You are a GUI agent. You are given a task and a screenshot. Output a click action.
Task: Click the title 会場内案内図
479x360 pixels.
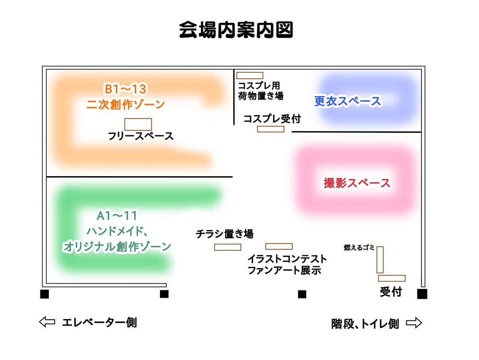(x=236, y=30)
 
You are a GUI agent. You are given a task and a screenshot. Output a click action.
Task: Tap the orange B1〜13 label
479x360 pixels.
(x=125, y=88)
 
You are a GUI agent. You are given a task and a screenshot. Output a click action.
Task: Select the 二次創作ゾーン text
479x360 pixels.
(x=125, y=105)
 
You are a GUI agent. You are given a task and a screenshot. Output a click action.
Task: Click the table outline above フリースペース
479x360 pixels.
(x=138, y=124)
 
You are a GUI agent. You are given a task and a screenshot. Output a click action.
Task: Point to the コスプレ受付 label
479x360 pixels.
(x=272, y=118)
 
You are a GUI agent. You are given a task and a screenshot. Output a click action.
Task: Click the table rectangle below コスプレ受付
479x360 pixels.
(x=271, y=129)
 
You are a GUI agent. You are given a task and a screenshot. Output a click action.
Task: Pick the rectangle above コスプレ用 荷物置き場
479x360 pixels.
(x=249, y=75)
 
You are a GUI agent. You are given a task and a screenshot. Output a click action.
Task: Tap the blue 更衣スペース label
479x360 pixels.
(x=348, y=101)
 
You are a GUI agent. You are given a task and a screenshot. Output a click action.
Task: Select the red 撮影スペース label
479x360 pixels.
(x=356, y=183)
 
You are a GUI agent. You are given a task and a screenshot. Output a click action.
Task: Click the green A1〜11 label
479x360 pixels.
(x=117, y=216)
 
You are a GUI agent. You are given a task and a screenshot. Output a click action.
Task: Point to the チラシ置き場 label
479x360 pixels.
(x=225, y=234)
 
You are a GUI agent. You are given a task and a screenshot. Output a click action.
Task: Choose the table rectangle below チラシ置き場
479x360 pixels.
(x=228, y=247)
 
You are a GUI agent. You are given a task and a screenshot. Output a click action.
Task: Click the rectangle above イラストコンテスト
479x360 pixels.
(x=279, y=246)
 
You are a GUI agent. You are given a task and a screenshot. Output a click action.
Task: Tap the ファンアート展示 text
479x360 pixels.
(x=284, y=270)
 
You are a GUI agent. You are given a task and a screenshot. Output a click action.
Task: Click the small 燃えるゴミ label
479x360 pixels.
(x=359, y=248)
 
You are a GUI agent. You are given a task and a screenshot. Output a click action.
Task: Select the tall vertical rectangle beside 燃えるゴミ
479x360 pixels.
(x=380, y=260)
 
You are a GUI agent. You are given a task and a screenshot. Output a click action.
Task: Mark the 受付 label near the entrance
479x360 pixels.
(x=390, y=292)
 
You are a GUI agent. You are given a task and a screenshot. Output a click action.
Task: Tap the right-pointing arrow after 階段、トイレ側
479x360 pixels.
(x=414, y=322)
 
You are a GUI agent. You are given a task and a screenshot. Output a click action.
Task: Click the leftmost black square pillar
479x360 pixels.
(x=44, y=294)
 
